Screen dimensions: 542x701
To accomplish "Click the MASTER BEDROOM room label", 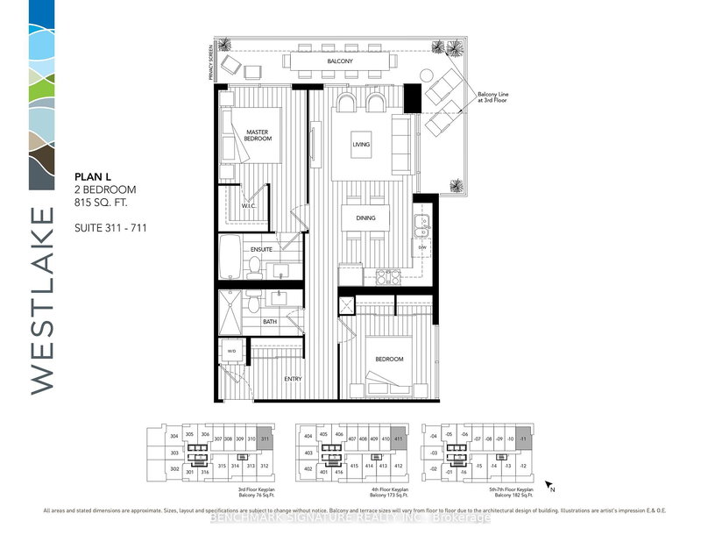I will tap(256, 136).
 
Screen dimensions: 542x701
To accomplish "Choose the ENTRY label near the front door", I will tap(294, 379).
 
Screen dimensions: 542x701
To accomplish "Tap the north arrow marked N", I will tap(549, 483).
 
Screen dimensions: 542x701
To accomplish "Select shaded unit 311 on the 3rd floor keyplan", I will tap(266, 438).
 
